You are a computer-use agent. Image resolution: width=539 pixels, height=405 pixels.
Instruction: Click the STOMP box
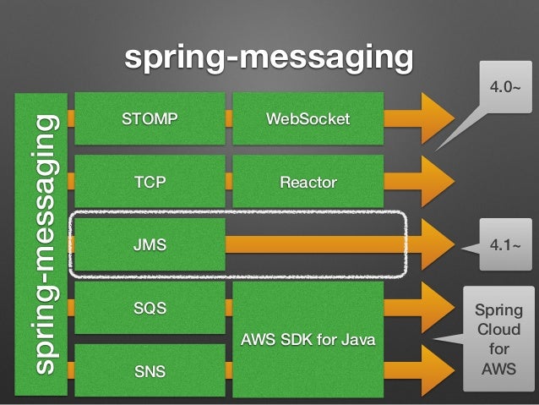click(x=150, y=118)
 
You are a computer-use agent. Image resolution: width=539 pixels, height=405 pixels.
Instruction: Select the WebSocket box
click(x=308, y=118)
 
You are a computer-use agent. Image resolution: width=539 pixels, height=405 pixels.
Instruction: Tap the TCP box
click(x=150, y=181)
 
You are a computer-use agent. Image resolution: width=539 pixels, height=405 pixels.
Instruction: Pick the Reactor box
click(x=308, y=181)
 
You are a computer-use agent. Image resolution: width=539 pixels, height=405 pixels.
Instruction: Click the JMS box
click(x=150, y=244)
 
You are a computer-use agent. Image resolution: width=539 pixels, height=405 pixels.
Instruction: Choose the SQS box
click(x=150, y=308)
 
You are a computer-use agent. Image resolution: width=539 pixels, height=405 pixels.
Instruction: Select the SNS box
click(x=150, y=370)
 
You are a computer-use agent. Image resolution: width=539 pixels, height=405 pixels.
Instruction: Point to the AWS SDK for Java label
click(x=308, y=340)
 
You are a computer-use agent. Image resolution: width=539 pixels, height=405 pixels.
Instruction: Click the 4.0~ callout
click(x=505, y=87)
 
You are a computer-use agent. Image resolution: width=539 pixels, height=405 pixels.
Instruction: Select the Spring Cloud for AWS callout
click(x=498, y=339)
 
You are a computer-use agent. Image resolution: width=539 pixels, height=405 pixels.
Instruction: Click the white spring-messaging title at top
click(x=269, y=57)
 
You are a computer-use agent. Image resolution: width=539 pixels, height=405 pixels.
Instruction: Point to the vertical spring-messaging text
click(x=46, y=244)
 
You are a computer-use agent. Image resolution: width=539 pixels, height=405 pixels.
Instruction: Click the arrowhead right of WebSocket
click(x=438, y=118)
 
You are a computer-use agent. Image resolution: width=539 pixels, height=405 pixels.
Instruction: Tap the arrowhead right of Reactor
click(x=438, y=181)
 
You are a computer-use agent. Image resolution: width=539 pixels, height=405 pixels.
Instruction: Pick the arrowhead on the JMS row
click(x=438, y=244)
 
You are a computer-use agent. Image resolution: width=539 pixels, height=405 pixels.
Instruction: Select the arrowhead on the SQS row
click(x=438, y=308)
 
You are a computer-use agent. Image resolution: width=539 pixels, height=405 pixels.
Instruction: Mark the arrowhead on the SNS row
click(x=438, y=370)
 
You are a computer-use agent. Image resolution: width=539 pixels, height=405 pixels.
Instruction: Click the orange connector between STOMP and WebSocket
click(x=229, y=118)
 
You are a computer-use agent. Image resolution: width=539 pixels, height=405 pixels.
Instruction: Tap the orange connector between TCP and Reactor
click(x=229, y=181)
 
